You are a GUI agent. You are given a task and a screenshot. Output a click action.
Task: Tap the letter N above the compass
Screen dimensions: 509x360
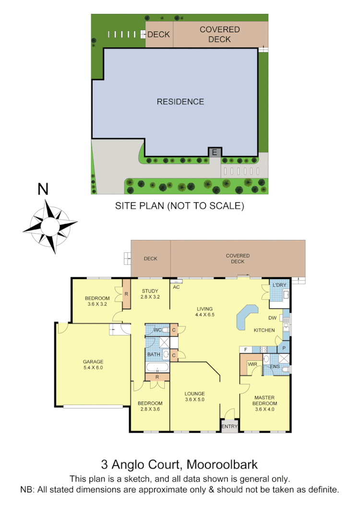pyautogui.click(x=43, y=189)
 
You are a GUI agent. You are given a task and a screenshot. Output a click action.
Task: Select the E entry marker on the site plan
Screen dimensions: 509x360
pyautogui.click(x=215, y=153)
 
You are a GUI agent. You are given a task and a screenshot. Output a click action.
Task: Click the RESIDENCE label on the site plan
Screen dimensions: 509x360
pyautogui.click(x=180, y=102)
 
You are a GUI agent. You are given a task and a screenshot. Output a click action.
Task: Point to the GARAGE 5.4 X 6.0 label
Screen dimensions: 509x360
pyautogui.click(x=93, y=365)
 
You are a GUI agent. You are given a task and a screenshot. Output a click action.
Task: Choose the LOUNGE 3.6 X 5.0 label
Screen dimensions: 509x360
pyautogui.click(x=194, y=397)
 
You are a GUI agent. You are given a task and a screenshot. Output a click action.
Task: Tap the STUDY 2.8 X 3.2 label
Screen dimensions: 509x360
pyautogui.click(x=149, y=294)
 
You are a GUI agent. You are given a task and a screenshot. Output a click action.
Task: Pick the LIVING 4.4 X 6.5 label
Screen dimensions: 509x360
pyautogui.click(x=204, y=312)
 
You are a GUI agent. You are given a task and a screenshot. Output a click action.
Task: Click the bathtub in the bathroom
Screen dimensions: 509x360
pyautogui.click(x=157, y=369)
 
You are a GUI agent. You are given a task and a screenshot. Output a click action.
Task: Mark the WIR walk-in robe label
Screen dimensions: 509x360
pyautogui.click(x=252, y=365)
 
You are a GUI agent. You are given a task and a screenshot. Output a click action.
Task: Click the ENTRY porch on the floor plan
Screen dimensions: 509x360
pyautogui.click(x=229, y=426)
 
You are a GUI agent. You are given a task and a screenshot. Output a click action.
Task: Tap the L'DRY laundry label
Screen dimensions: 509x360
pyautogui.click(x=279, y=285)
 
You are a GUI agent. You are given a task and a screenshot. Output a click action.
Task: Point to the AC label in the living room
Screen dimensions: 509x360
pyautogui.click(x=176, y=287)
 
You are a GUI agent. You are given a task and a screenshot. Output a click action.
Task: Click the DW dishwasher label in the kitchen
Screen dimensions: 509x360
pyautogui.click(x=272, y=318)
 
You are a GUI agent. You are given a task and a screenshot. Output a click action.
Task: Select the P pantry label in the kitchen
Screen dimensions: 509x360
pyautogui.click(x=284, y=348)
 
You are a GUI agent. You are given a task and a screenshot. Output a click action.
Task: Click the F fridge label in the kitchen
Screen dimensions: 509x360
pyautogui.click(x=245, y=349)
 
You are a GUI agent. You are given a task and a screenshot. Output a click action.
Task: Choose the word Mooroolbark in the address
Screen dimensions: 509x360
pyautogui.click(x=222, y=464)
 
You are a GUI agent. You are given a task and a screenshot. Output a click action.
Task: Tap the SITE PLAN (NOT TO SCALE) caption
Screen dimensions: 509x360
pyautogui.click(x=180, y=206)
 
